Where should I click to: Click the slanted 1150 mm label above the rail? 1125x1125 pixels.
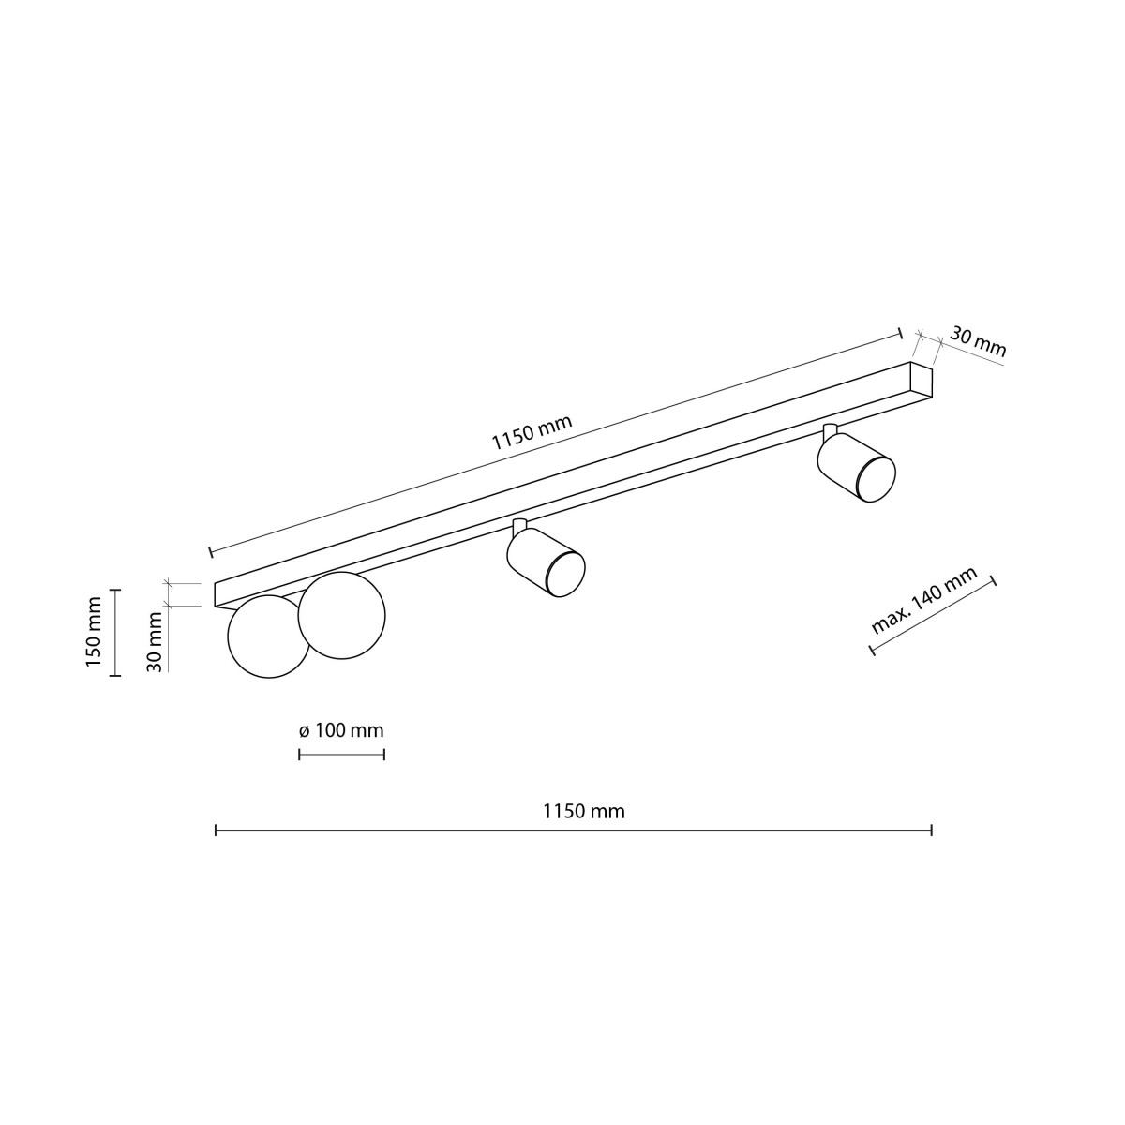pyautogui.click(x=532, y=433)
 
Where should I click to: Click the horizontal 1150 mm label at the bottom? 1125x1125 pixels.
pyautogui.click(x=583, y=811)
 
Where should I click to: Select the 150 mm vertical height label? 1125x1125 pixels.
pyautogui.click(x=94, y=632)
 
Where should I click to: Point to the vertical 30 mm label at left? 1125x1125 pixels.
pyautogui.click(x=156, y=641)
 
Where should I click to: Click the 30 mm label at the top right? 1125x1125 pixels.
pyautogui.click(x=978, y=342)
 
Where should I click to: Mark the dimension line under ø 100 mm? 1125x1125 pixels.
pyautogui.click(x=341, y=754)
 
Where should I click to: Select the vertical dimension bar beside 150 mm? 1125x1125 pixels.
pyautogui.click(x=115, y=632)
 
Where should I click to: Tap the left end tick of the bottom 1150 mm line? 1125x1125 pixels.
pyautogui.click(x=217, y=830)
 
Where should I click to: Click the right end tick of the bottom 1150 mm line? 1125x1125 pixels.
pyautogui.click(x=931, y=830)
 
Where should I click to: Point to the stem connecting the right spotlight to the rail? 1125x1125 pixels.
pyautogui.click(x=829, y=431)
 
